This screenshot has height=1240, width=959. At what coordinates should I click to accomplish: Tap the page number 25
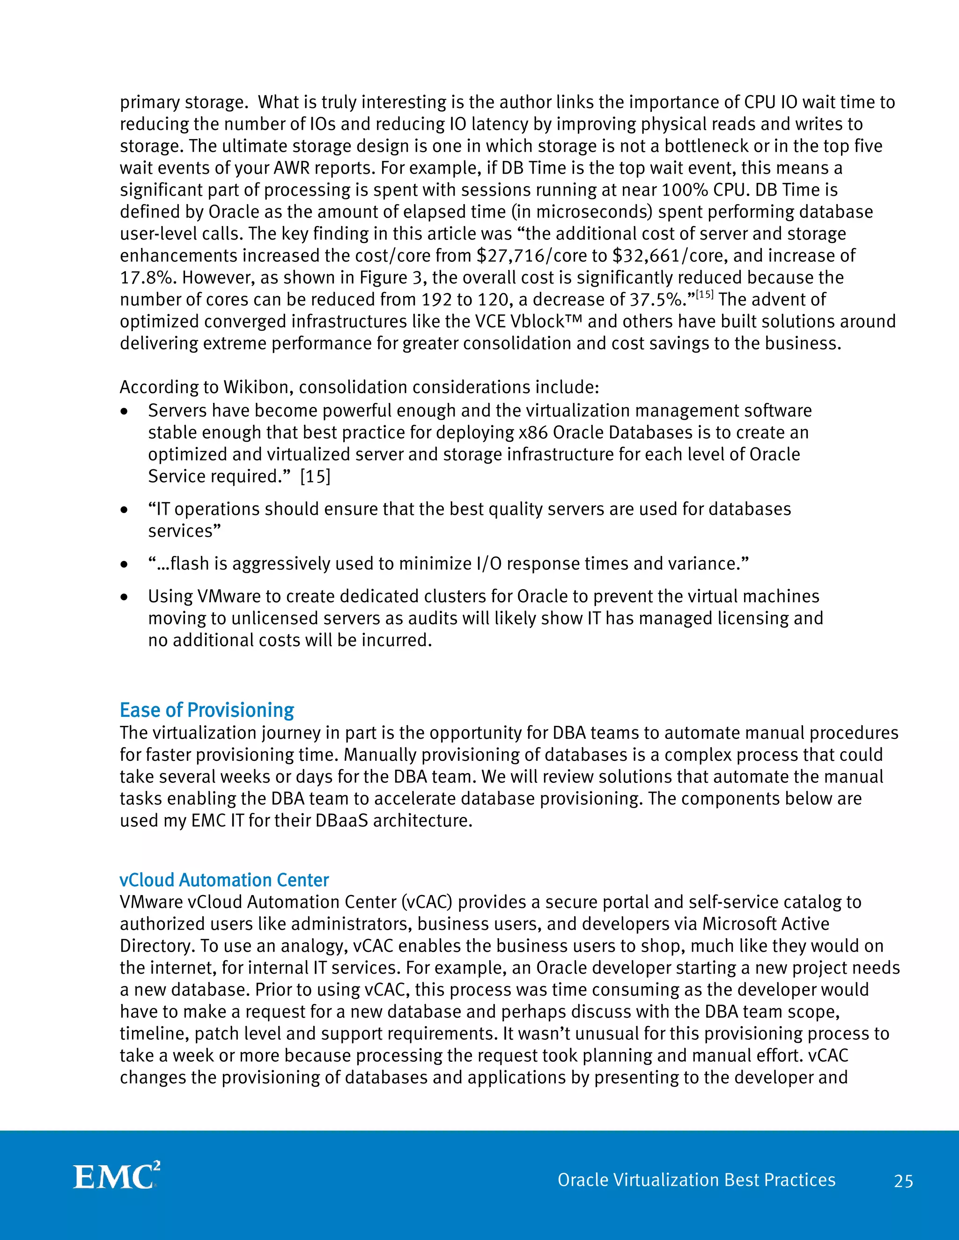coord(903,1182)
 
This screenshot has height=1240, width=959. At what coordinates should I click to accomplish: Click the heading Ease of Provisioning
coord(207,710)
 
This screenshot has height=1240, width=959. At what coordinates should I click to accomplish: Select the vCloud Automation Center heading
coord(224,880)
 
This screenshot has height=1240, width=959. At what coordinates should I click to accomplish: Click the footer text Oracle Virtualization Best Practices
coord(696,1180)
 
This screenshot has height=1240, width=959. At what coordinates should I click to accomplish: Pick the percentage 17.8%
coord(146,277)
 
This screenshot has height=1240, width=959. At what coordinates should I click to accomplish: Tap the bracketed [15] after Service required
coord(315,476)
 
